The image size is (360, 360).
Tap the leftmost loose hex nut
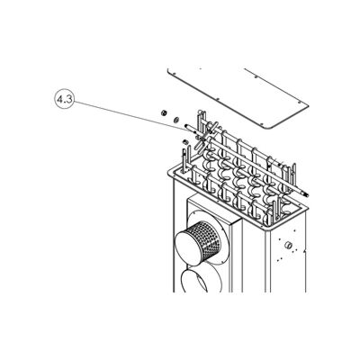pos(163,112)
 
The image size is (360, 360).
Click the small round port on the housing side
pos(287,245)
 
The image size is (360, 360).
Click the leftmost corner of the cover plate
pos(168,65)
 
